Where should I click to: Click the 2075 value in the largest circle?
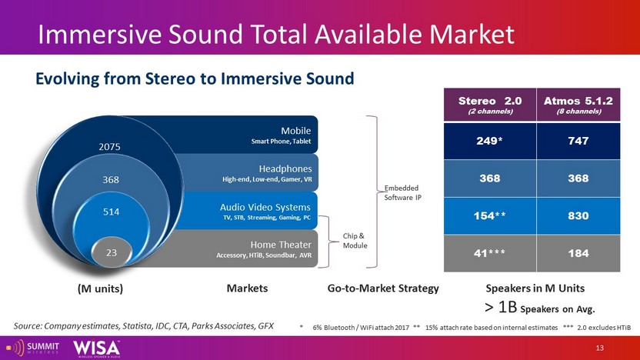tap(109, 146)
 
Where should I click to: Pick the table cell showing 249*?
tap(490, 142)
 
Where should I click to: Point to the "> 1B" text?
tap(500, 307)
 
